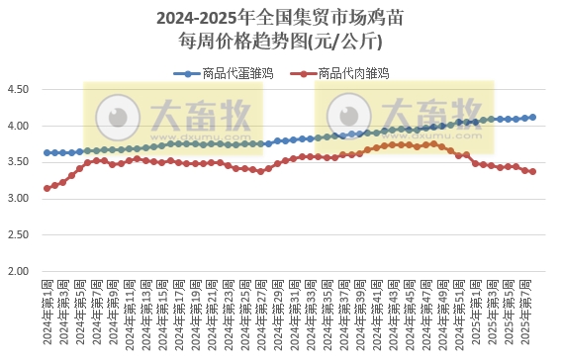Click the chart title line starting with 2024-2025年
point(280,18)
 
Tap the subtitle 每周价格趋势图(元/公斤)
point(280,41)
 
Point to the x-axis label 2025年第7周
point(533,309)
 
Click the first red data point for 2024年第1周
point(47,188)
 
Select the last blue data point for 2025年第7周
point(533,117)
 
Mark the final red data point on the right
point(533,171)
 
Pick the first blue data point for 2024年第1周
point(47,152)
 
